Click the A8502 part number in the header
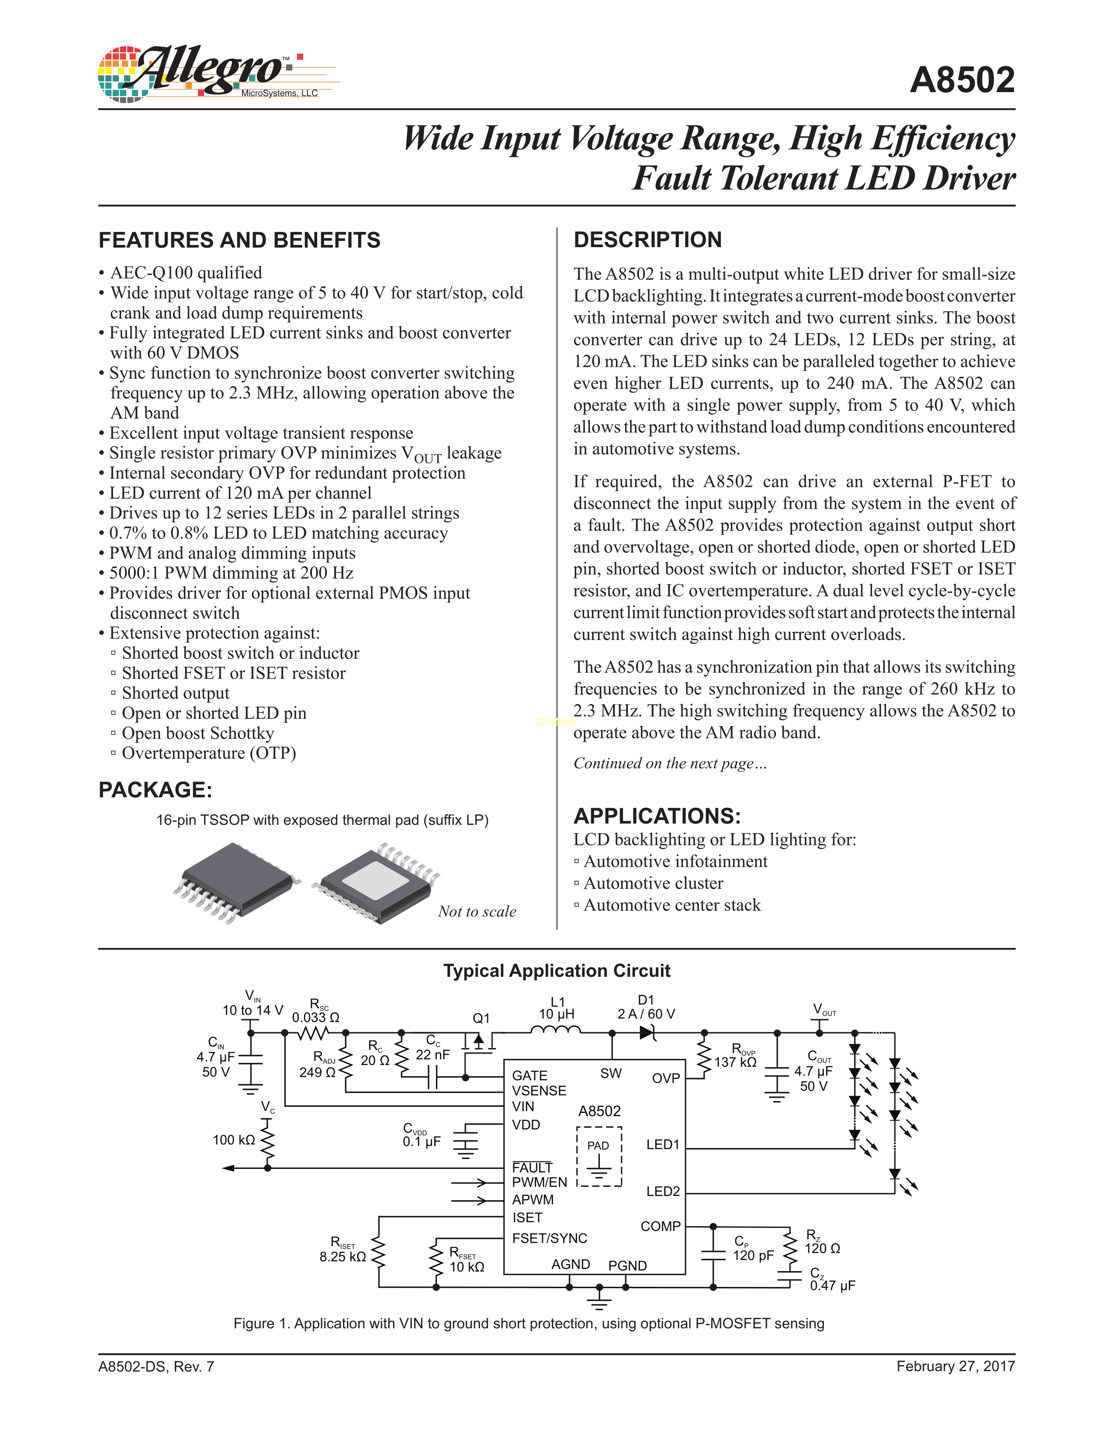pos(962,80)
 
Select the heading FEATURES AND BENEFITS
pos(239,240)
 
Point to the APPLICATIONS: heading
pos(657,816)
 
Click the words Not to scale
pos(477,912)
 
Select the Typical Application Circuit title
pos(556,971)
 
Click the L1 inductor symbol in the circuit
pos(556,1030)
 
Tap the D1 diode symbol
pos(647,1033)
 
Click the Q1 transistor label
pos(481,1018)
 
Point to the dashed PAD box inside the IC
pos(599,1156)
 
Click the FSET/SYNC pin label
pos(549,1238)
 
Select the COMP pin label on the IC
pos(660,1226)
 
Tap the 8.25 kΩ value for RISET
pos(343,1257)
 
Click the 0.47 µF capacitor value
pos(832,1285)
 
